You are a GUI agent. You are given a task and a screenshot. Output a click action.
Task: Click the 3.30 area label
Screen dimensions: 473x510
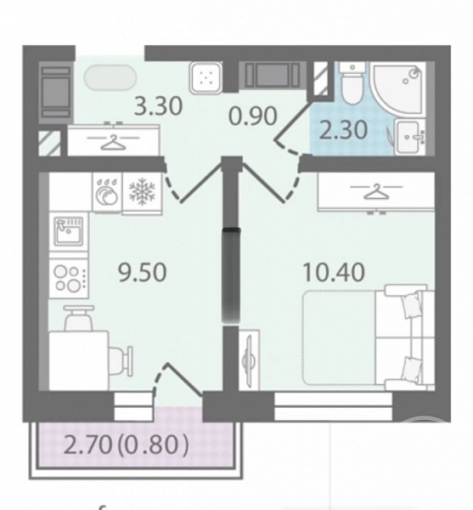point(158,106)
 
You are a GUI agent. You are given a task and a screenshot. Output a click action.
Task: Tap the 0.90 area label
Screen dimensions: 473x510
point(253,116)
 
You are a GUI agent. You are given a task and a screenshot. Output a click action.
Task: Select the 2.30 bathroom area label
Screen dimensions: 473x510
point(343,130)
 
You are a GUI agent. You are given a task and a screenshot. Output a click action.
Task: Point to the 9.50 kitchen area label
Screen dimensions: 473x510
point(143,272)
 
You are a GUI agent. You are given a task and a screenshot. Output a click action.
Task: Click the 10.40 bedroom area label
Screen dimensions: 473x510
point(334,272)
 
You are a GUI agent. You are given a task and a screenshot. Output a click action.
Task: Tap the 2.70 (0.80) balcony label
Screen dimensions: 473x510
point(127,445)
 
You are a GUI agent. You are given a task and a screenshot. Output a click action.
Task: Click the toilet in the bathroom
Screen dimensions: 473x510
point(352,83)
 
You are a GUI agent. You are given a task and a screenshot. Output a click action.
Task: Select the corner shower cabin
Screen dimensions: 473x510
point(399,88)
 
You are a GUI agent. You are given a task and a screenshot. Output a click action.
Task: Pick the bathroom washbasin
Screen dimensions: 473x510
point(410,137)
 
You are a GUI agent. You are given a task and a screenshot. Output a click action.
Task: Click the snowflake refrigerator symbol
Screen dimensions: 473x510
point(142,192)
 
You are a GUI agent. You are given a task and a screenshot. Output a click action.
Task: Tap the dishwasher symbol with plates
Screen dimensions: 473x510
point(107,192)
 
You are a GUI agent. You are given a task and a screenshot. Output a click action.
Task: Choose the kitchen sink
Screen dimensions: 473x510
point(69,231)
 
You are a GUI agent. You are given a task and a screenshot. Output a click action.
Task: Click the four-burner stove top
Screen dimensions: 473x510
point(69,278)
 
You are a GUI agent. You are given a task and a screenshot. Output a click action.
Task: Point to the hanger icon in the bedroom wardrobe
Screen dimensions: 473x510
point(376,191)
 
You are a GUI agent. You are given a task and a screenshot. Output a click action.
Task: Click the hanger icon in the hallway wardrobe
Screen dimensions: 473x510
point(114,142)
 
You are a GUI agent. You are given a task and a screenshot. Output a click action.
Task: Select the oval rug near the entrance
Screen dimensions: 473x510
point(110,77)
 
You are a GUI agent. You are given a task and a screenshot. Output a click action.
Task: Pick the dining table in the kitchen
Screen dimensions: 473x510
point(79,360)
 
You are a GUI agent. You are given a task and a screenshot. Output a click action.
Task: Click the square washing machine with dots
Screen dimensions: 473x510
point(206,77)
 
